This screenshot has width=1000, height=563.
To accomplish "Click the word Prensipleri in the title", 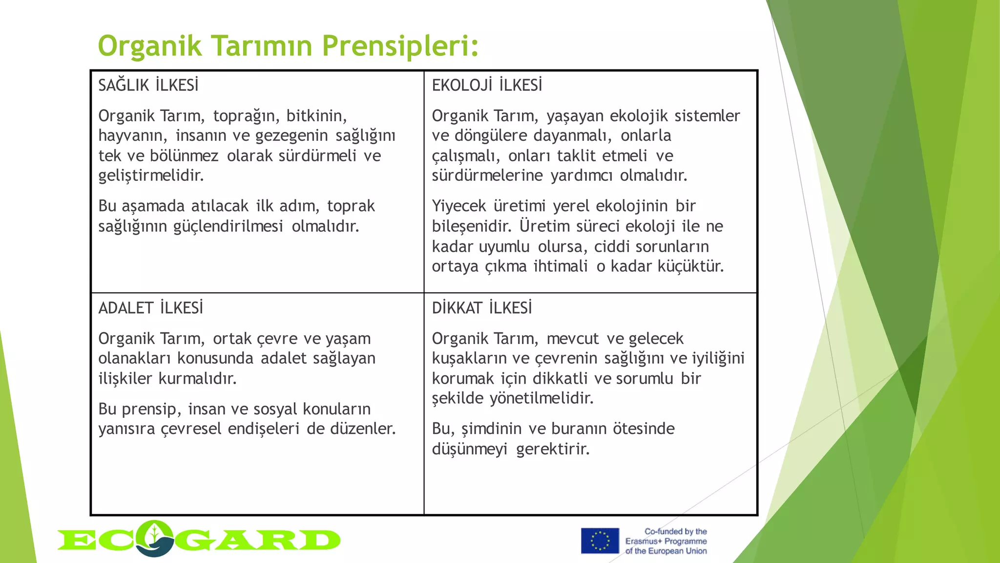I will coord(400,46).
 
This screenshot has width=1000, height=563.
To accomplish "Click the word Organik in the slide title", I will coord(150,46).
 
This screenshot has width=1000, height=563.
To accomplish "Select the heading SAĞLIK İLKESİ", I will coord(148,86).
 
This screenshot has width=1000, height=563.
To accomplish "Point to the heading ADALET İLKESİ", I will coord(150,308).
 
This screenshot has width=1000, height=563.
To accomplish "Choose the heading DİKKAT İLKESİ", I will coord(482,308).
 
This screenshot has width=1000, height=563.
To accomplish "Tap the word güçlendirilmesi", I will coord(228,226).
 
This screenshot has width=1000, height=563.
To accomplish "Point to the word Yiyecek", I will coord(458,206).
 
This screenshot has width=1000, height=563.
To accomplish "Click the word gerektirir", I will coord(553,449).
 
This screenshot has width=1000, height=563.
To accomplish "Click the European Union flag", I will coord(600,541).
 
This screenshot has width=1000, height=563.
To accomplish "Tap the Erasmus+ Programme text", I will coord(666,541).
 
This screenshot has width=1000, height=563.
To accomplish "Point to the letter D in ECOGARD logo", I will coord(320,540).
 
